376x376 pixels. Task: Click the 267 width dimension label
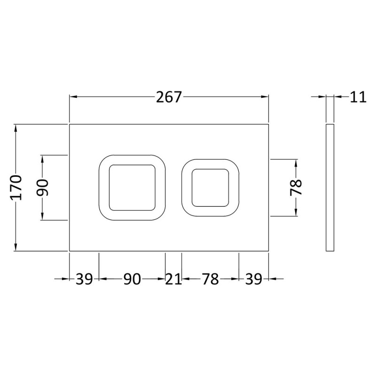169,97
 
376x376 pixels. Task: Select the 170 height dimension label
16,188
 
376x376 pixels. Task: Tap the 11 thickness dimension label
358,97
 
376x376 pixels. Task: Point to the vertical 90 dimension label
43,188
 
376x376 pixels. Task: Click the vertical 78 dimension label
296,188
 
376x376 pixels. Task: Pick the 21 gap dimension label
173,279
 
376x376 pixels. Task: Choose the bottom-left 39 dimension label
84,279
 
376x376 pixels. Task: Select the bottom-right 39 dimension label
253,279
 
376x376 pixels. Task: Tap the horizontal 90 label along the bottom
132,279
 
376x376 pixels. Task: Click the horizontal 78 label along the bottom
210,279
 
